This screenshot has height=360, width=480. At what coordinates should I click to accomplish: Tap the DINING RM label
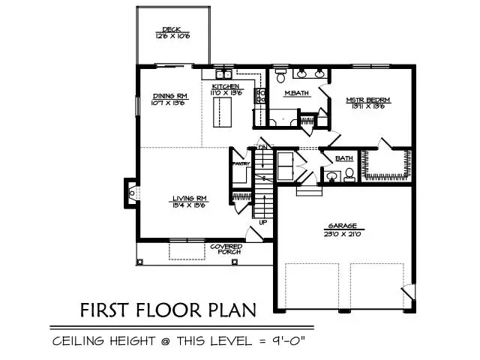coord(170,96)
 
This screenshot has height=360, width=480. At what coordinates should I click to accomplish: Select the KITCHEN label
coord(226,87)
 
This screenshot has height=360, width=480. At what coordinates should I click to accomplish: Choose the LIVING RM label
coord(189,198)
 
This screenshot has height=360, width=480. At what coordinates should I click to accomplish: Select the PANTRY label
coord(241,163)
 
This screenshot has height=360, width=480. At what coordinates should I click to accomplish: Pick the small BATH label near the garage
coord(344,158)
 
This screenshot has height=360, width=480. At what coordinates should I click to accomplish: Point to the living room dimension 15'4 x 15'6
coord(189,205)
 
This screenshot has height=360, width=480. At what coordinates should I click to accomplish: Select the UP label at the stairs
coord(262,222)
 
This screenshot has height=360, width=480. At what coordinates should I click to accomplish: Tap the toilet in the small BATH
coord(349,175)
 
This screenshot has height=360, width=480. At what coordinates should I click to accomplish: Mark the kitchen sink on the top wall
coord(223,75)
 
